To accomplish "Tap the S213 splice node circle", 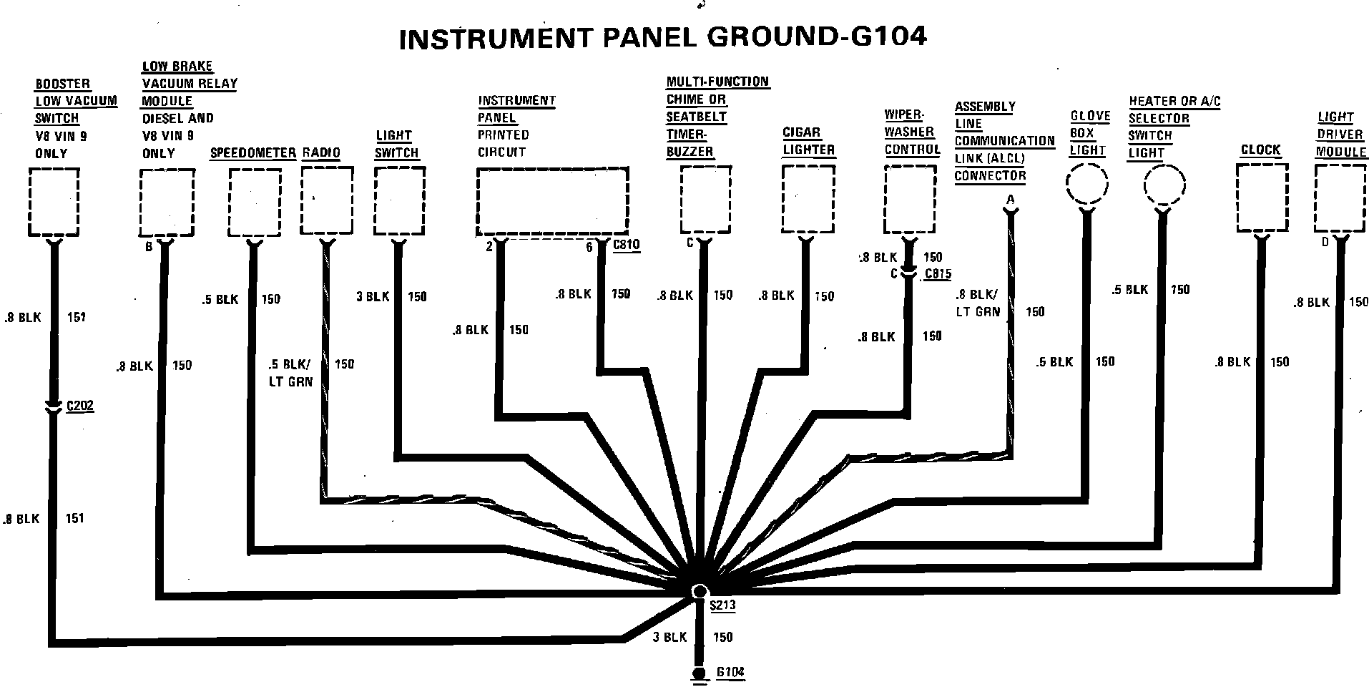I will pyautogui.click(x=700, y=590).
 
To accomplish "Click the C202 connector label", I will pyautogui.click(x=79, y=406).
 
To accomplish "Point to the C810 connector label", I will pyautogui.click(x=627, y=245).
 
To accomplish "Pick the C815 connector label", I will pyautogui.click(x=938, y=273).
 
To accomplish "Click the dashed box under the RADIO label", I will pyautogui.click(x=327, y=200).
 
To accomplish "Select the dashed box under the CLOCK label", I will pyautogui.click(x=1262, y=198).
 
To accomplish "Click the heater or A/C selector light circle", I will pyautogui.click(x=1164, y=185).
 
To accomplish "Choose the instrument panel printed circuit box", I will pyautogui.click(x=552, y=200).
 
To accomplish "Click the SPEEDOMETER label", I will pyautogui.click(x=253, y=153).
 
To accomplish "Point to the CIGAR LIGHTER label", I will pyautogui.click(x=808, y=141).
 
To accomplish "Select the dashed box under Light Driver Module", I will pyautogui.click(x=1340, y=198).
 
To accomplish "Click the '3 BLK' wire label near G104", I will pyautogui.click(x=669, y=637).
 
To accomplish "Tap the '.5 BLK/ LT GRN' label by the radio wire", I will pyautogui.click(x=290, y=373).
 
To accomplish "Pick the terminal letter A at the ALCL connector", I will pyautogui.click(x=1010, y=200).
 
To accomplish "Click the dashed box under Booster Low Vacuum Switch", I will pyautogui.click(x=54, y=202).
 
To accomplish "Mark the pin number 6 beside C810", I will pyautogui.click(x=589, y=247).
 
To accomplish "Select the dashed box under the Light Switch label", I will pyautogui.click(x=399, y=200).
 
